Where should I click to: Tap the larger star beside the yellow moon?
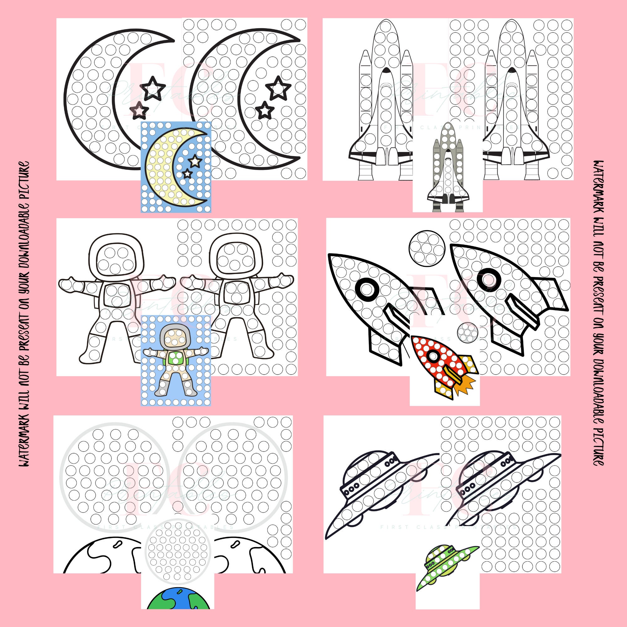click(194, 160)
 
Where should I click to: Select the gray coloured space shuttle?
click(448, 169)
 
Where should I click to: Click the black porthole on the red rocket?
click(432, 356)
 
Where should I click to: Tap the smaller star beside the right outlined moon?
click(265, 111)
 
